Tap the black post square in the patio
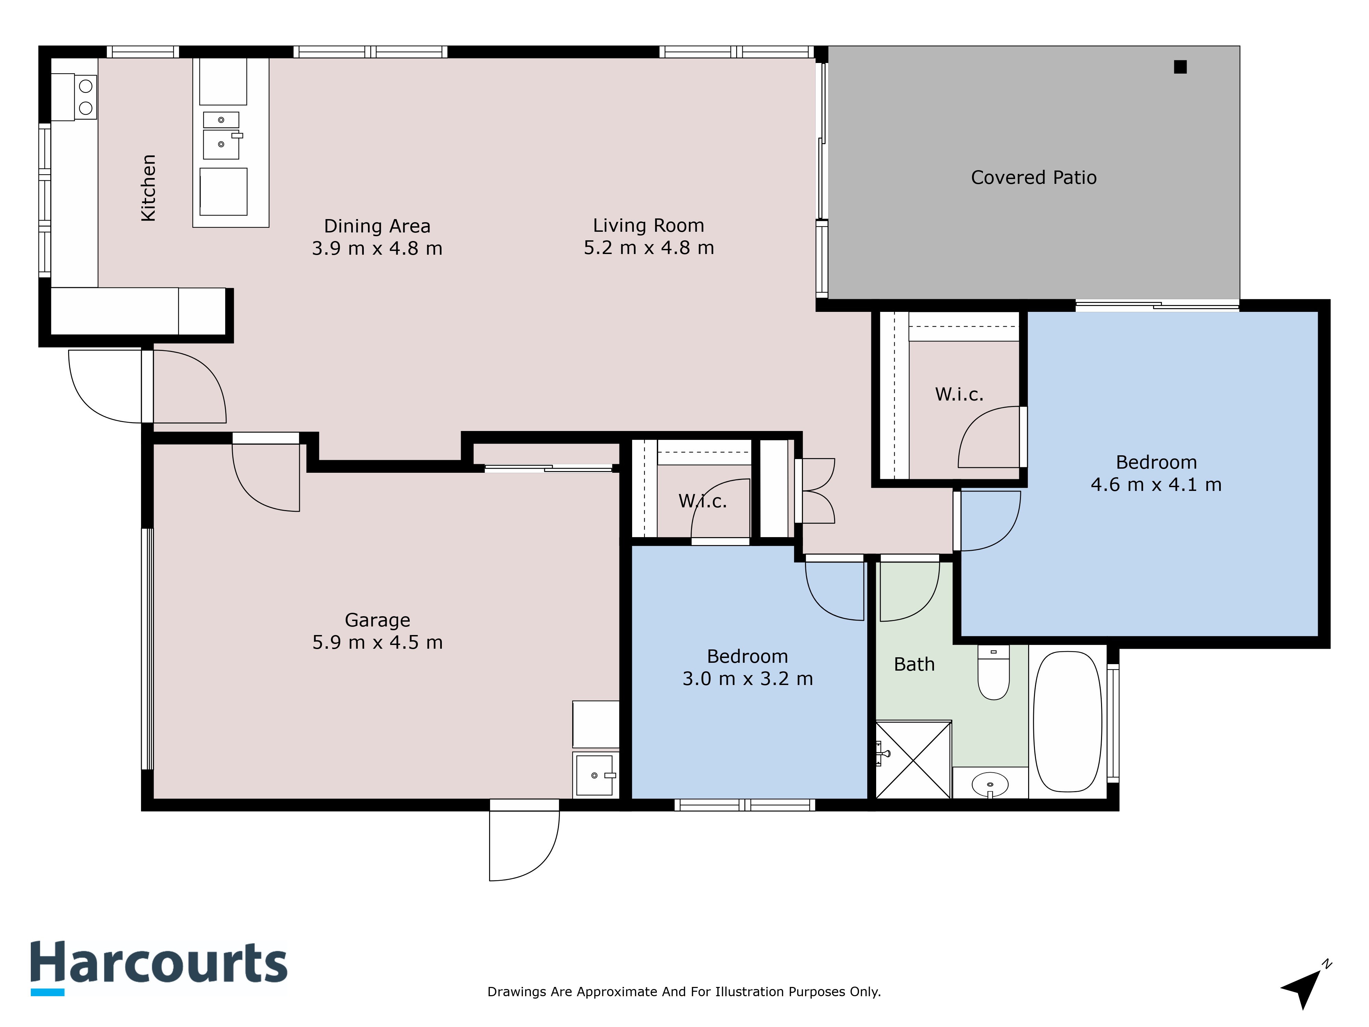(1180, 67)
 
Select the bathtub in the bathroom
(1067, 721)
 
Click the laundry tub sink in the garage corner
(596, 774)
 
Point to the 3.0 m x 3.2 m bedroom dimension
(747, 679)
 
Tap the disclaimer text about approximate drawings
(684, 992)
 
